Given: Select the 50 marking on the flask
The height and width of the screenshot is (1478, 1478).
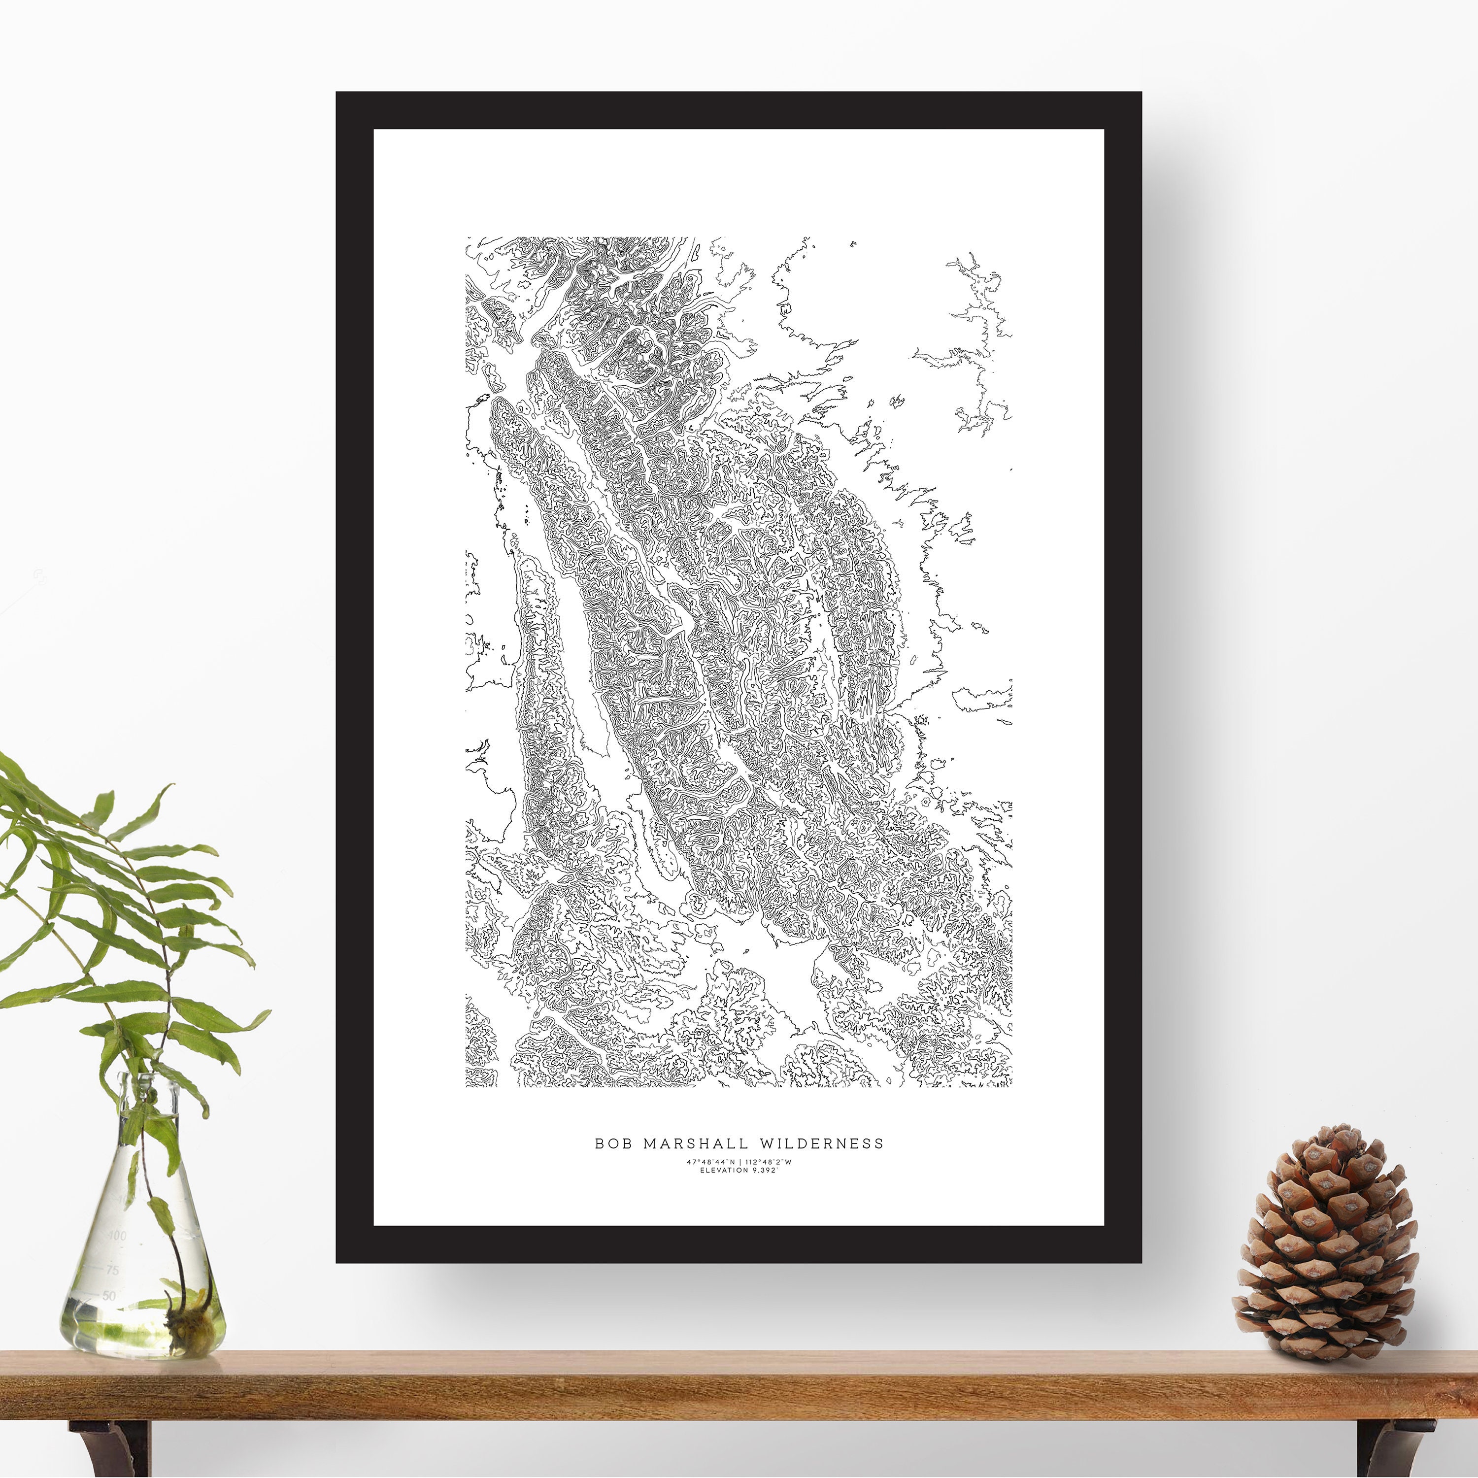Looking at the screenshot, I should (108, 1295).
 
